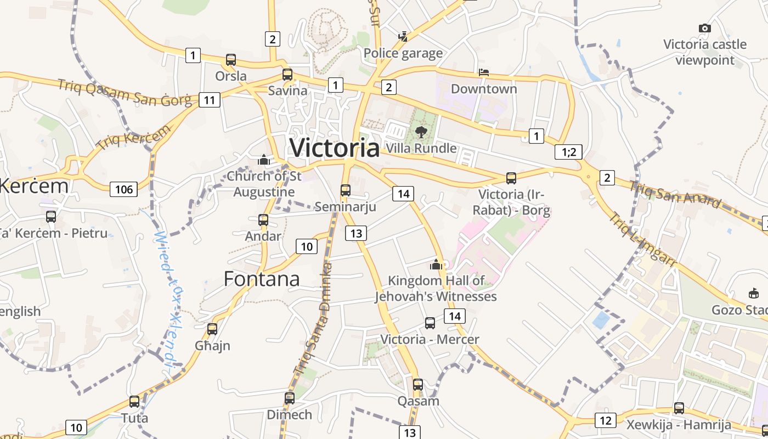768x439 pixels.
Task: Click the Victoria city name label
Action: point(334,148)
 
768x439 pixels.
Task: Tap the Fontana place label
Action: point(262,279)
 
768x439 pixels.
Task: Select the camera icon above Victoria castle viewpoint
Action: point(705,28)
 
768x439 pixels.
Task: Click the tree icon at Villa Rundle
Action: point(421,132)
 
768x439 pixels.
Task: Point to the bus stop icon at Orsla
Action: point(231,60)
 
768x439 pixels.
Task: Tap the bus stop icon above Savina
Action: point(287,75)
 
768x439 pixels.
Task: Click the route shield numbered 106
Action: point(124,189)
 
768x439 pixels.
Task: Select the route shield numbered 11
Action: point(209,100)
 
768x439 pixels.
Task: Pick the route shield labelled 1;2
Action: point(568,152)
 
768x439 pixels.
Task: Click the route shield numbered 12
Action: point(605,420)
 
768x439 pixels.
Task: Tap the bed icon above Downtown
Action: point(483,72)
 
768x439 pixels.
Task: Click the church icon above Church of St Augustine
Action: point(264,160)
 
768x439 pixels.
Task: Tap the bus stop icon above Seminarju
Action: point(345,190)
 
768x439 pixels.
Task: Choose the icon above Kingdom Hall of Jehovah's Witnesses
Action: point(436,265)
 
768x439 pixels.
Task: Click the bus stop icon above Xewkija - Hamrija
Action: point(679,408)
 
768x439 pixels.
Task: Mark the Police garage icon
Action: point(403,37)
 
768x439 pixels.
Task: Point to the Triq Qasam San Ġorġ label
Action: point(125,91)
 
